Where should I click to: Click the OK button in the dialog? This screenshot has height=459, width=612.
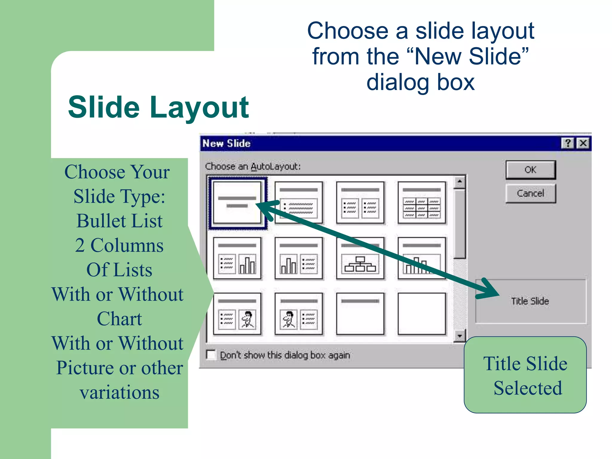click(x=530, y=170)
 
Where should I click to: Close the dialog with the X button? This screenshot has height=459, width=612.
click(x=583, y=143)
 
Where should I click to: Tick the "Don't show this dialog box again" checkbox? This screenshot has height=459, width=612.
click(x=211, y=355)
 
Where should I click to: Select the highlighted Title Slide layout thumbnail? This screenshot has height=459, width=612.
click(x=237, y=203)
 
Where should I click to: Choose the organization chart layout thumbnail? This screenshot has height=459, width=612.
click(x=360, y=258)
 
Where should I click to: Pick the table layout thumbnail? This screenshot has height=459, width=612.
click(x=422, y=203)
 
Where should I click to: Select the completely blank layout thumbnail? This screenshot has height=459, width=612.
click(x=422, y=314)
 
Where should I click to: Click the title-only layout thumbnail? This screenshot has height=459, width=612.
click(x=360, y=314)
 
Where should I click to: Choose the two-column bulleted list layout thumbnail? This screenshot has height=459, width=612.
click(x=360, y=203)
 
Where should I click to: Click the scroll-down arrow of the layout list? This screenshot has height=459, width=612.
click(x=460, y=336)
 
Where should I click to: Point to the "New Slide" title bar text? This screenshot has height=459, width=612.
click(x=227, y=143)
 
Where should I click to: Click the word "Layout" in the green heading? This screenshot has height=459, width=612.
click(x=199, y=108)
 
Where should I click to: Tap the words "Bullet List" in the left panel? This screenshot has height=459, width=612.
click(x=119, y=221)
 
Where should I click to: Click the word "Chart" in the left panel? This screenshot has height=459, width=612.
click(x=119, y=319)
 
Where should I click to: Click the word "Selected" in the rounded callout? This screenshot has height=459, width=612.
click(x=528, y=388)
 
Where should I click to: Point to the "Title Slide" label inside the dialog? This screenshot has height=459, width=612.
click(x=530, y=301)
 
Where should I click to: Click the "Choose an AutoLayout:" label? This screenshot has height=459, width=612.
click(x=253, y=166)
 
